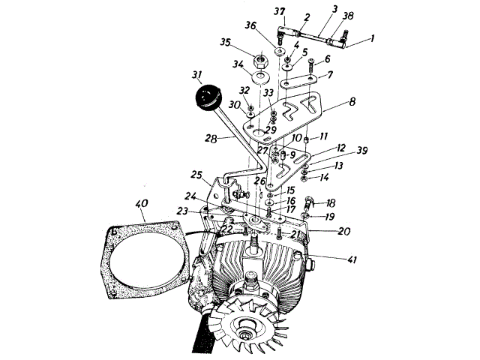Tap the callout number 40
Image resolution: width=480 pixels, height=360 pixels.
pyautogui.click(x=142, y=202)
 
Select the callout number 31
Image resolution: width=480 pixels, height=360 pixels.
pyautogui.click(x=198, y=75)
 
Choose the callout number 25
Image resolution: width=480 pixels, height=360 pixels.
pyautogui.click(x=197, y=175)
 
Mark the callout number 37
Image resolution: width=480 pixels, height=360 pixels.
pyautogui.click(x=280, y=10)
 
